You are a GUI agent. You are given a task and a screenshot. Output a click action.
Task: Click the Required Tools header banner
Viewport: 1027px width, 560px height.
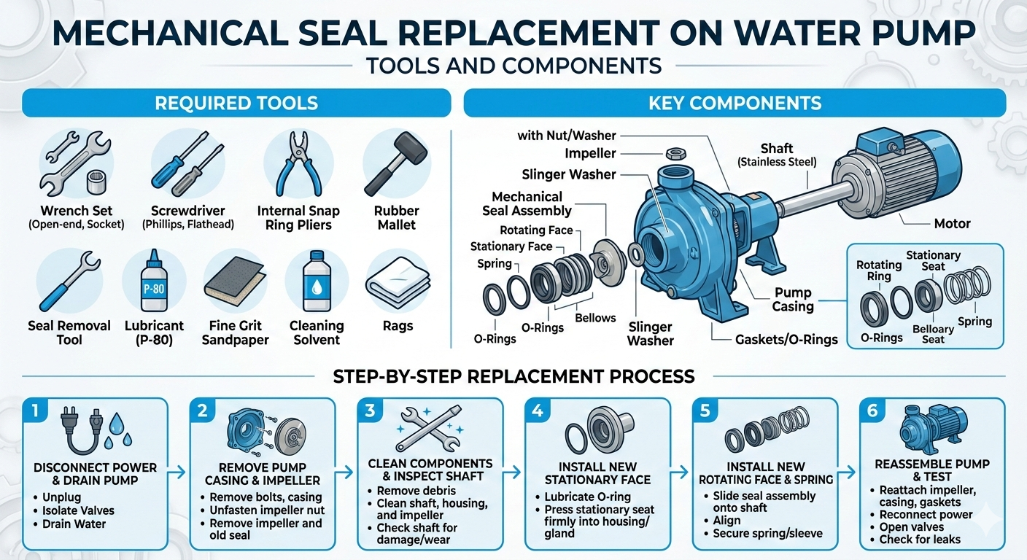(236, 103)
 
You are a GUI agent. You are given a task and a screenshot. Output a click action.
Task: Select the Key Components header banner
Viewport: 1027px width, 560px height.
(735, 103)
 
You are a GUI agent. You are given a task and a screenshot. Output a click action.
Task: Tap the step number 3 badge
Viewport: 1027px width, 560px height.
(370, 411)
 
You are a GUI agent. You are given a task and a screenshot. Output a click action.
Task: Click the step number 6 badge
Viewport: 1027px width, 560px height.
(872, 411)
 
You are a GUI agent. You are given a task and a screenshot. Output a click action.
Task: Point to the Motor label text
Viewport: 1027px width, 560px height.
(952, 223)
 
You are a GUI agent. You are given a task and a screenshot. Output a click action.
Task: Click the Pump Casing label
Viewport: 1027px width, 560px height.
(793, 300)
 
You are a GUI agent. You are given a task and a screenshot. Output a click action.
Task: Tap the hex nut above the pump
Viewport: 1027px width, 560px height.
(674, 154)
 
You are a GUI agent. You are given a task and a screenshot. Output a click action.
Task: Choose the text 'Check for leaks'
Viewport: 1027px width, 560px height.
(920, 540)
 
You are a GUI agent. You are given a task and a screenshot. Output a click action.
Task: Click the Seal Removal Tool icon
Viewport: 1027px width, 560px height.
(69, 280)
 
